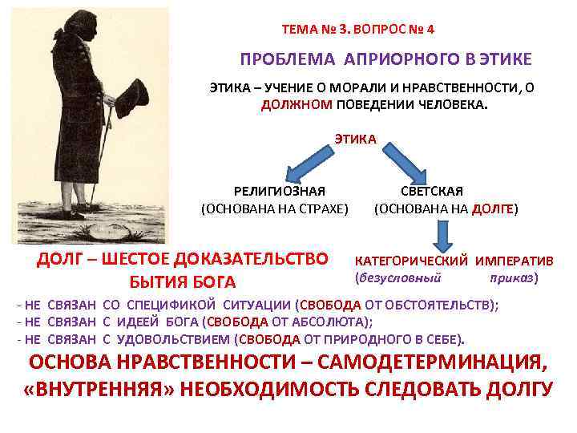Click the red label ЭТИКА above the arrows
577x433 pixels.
click(x=355, y=139)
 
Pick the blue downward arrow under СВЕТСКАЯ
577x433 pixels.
click(x=442, y=236)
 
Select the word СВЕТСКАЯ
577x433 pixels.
click(x=445, y=191)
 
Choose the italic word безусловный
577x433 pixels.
click(x=399, y=278)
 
